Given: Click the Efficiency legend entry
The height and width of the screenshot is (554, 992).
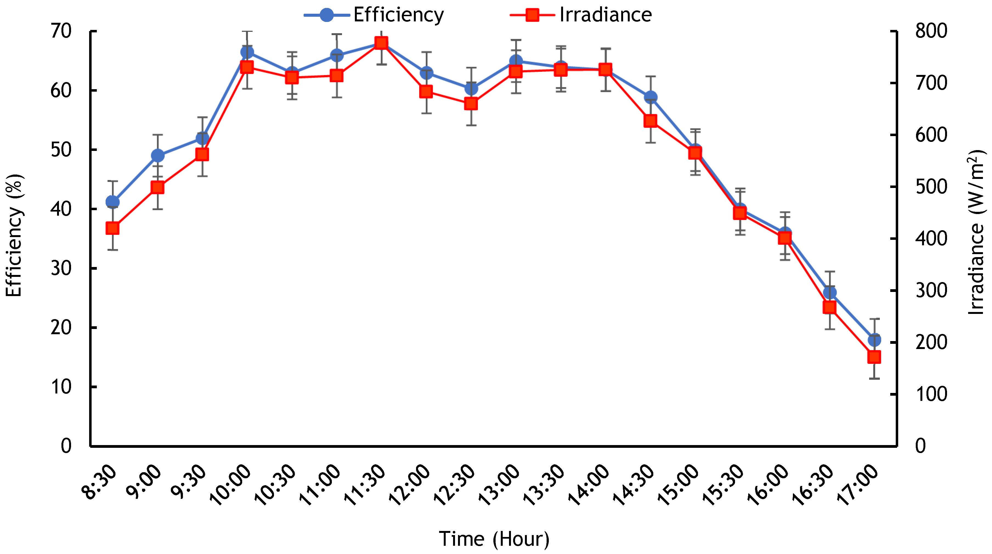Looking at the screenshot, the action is coord(374,15).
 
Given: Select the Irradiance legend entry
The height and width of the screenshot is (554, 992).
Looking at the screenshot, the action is coord(581,15).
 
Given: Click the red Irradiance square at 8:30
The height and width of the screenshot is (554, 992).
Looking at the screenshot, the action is coord(112,228).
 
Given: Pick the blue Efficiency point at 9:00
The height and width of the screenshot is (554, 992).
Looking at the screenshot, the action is coord(157,156).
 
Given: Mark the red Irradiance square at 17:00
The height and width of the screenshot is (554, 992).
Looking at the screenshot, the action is coord(874,357).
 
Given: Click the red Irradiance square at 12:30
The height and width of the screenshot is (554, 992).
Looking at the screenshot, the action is coord(471,104).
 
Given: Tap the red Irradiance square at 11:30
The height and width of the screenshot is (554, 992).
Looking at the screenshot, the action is coord(381,43).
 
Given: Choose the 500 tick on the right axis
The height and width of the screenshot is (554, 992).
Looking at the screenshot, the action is coord(931,187).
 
